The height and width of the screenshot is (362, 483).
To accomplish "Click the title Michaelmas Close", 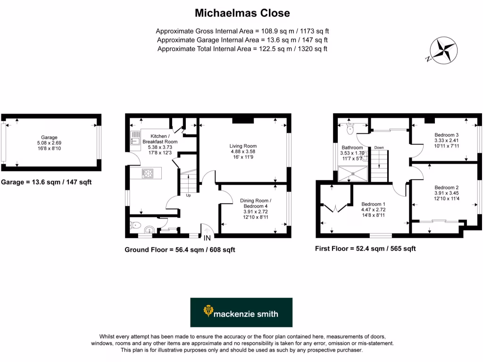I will pos(242,13).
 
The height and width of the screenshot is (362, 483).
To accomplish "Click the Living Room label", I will pos(243,146).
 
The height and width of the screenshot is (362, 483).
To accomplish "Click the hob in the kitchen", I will pos(148,173).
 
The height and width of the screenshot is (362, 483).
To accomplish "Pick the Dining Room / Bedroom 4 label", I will pos(255,203).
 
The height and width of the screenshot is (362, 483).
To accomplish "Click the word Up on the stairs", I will pos(188,195).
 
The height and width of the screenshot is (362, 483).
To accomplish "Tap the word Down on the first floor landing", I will pos(379,148).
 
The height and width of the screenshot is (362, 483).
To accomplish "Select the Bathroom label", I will pos(352,148).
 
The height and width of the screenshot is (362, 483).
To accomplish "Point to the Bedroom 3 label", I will pos(446,135).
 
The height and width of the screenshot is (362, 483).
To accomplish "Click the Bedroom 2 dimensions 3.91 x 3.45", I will pos(446,193).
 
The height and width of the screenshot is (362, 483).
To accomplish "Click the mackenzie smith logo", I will pos(241,313).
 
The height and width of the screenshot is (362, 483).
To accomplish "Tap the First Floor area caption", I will pos(365,248).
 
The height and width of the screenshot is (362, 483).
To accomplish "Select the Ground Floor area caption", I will pos(180,250).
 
